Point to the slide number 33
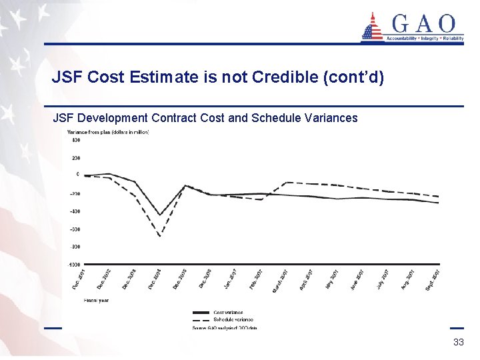coord(458,342)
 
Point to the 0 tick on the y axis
coord(77,175)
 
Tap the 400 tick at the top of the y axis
coord(75,140)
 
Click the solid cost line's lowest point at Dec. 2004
coord(159,215)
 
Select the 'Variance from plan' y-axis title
coord(108,131)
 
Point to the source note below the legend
coord(225,328)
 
